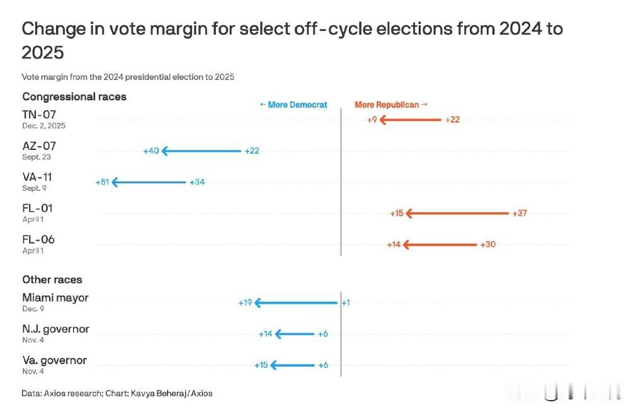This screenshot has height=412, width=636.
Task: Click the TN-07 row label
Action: click(39, 115)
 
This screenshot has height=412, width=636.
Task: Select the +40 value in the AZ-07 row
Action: click(151, 151)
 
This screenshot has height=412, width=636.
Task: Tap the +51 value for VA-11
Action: click(103, 182)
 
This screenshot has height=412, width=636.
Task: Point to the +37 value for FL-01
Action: click(520, 214)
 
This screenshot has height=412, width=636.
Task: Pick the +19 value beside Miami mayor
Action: click(245, 303)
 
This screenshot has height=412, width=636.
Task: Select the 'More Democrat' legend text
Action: click(293, 105)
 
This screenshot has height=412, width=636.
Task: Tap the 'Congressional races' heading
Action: click(74, 97)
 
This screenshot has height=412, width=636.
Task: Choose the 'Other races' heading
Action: click(52, 280)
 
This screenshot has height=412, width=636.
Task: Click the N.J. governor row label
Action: click(55, 329)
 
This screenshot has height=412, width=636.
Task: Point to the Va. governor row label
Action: click(54, 361)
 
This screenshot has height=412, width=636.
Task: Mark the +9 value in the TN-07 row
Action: click(372, 120)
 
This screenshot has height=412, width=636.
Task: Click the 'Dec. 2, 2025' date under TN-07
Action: click(43, 126)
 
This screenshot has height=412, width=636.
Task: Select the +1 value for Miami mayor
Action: click(346, 303)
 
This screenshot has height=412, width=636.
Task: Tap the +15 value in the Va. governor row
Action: click(261, 365)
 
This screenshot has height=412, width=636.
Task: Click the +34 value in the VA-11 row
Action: click(197, 183)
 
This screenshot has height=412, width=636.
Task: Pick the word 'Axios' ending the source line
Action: click(202, 394)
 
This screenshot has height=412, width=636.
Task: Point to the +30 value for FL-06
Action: click(488, 244)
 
